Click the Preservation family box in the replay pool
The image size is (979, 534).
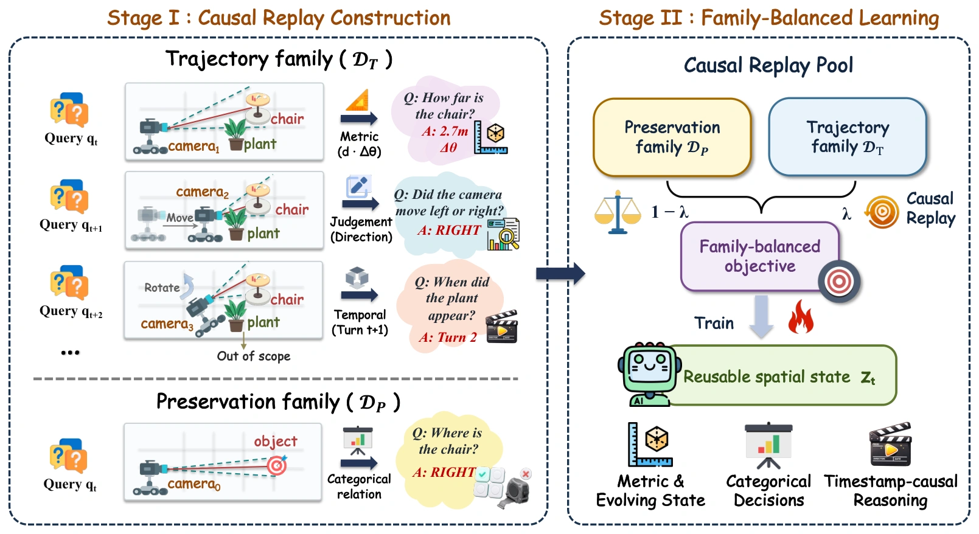click(672, 137)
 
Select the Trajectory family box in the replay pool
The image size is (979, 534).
click(848, 137)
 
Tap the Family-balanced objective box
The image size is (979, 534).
click(759, 256)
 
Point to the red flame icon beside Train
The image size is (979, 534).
click(801, 317)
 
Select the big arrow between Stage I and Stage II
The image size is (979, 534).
click(560, 274)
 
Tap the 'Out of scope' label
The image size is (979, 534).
click(254, 356)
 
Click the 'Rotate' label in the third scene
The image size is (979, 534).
click(162, 288)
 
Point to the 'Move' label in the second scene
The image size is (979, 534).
click(179, 218)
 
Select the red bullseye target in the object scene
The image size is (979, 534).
click(277, 466)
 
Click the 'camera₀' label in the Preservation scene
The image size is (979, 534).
click(194, 484)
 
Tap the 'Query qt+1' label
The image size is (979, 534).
click(71, 224)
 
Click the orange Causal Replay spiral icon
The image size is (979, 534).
click(882, 212)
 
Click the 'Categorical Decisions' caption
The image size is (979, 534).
click(768, 490)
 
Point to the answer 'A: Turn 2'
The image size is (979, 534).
click(448, 337)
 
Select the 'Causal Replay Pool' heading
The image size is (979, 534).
click(768, 65)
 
